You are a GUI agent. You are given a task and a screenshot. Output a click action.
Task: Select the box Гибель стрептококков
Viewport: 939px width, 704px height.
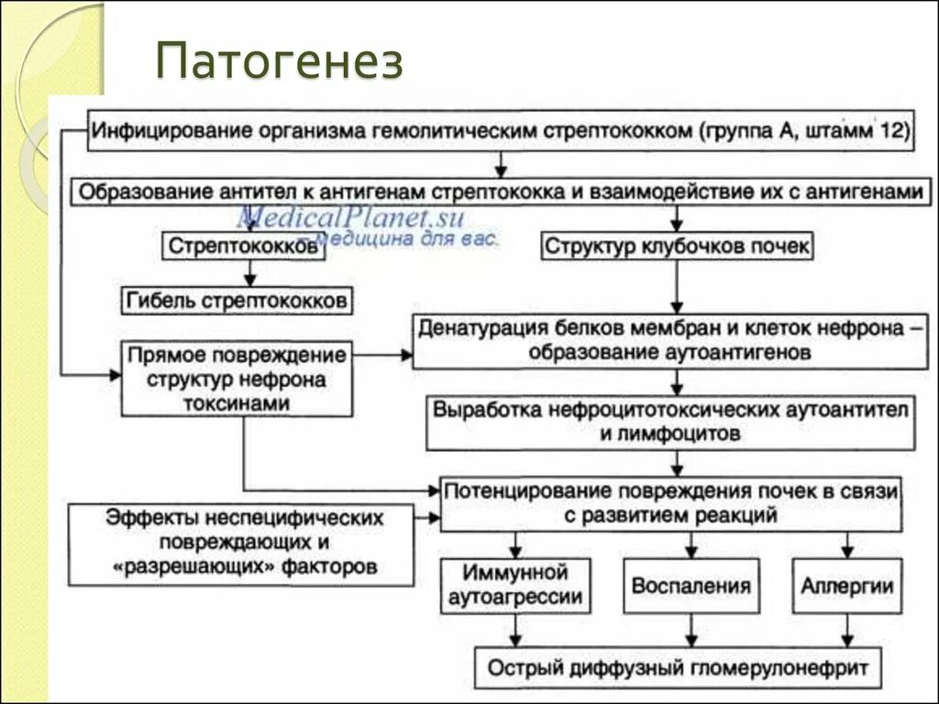click(x=238, y=301)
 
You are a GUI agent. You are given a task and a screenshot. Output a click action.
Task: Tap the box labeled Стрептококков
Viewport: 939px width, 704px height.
click(x=244, y=247)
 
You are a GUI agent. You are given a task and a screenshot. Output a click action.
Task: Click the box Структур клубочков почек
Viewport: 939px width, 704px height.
click(x=677, y=247)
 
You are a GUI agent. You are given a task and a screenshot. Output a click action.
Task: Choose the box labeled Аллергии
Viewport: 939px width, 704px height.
click(x=847, y=586)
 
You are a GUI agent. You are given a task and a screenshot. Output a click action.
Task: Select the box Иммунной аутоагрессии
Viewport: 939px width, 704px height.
click(x=514, y=586)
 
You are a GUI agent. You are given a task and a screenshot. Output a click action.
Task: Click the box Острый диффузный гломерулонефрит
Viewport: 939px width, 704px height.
click(x=677, y=667)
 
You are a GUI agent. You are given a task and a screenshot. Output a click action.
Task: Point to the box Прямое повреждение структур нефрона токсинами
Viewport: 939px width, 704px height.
click(x=237, y=378)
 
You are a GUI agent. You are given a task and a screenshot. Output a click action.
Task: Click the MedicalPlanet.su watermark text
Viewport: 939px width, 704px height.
click(x=351, y=217)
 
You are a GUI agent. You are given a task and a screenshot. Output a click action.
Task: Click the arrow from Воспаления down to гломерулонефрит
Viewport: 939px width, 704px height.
click(x=690, y=631)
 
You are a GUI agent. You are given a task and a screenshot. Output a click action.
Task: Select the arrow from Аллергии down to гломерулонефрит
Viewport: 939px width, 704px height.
click(x=847, y=631)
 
